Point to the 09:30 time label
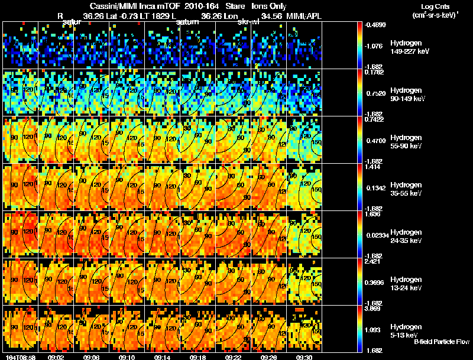(304, 357)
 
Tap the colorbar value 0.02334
(377, 236)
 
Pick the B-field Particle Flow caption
(441, 342)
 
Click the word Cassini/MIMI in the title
(112, 6)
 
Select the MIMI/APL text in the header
(306, 16)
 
